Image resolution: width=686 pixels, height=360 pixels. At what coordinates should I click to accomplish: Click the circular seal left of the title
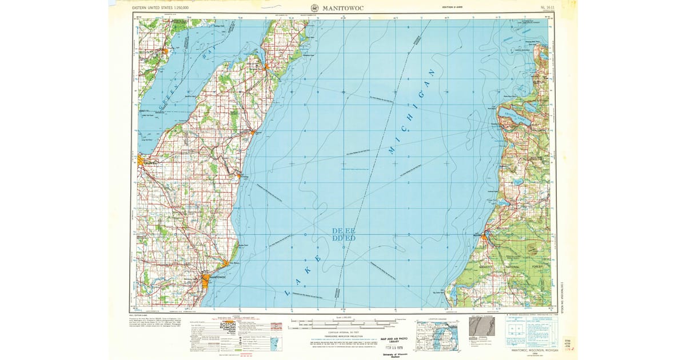pos(315,7)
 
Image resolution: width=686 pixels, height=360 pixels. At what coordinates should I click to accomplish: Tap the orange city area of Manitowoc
pos(206,279)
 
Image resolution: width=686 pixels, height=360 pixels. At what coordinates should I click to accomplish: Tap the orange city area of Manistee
pos(485,235)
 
